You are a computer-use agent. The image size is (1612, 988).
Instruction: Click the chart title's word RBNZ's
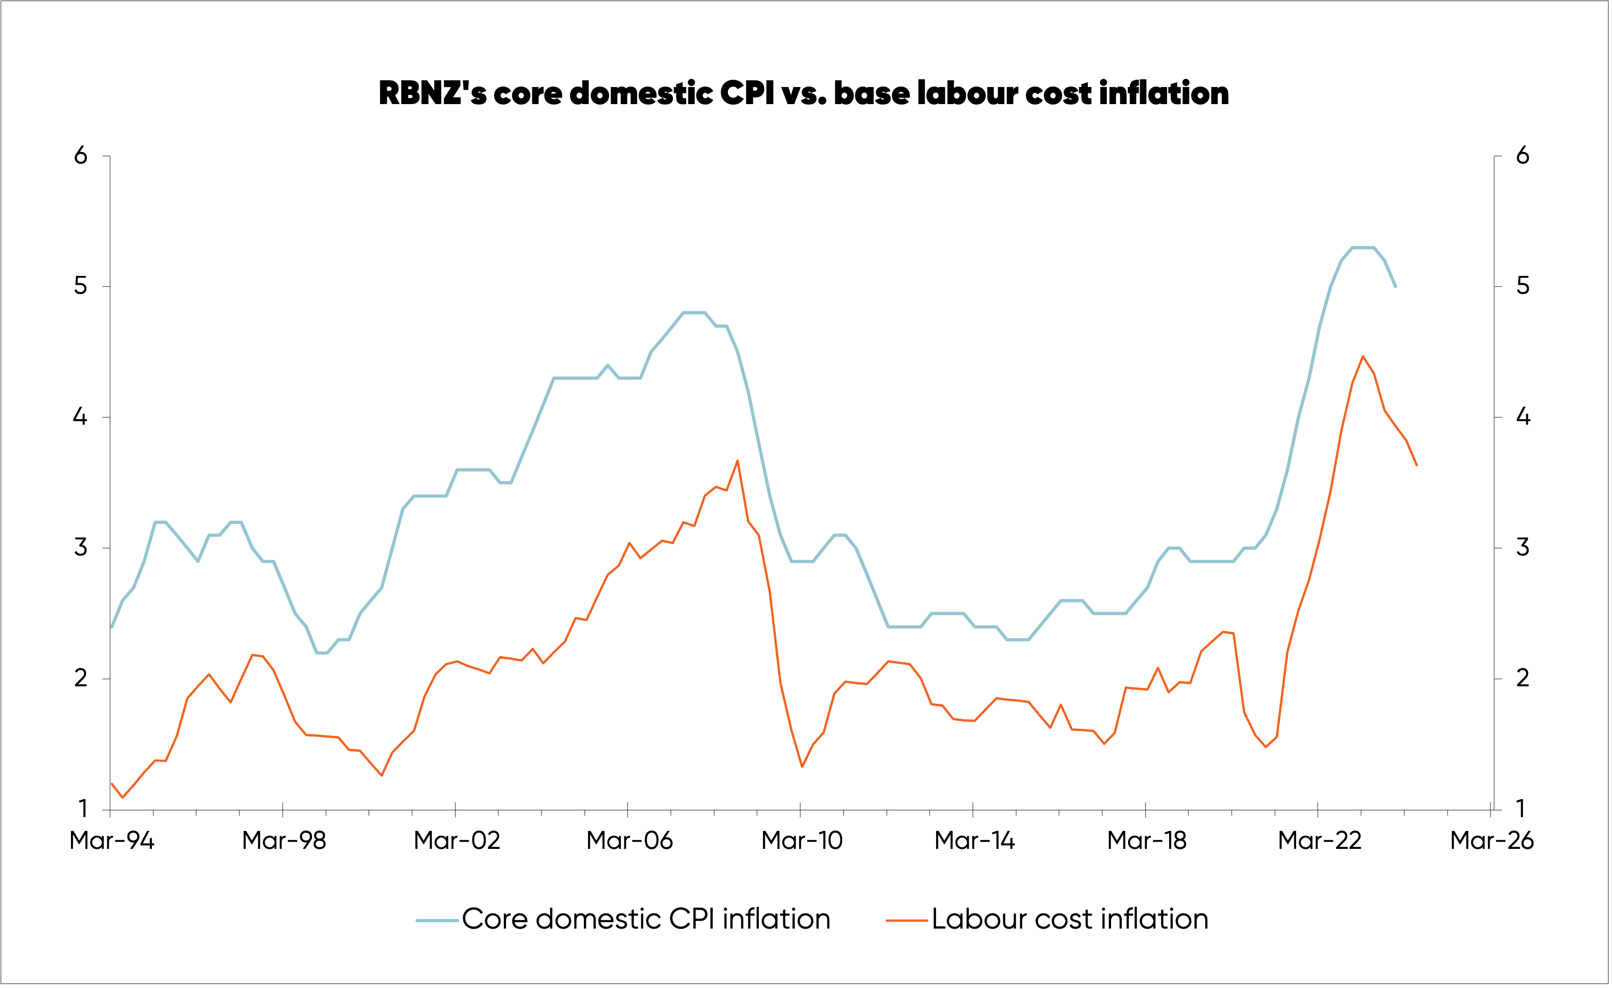[432, 94]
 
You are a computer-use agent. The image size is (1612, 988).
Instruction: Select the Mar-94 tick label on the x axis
[112, 841]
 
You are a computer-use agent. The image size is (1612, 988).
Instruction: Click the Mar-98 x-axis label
[284, 841]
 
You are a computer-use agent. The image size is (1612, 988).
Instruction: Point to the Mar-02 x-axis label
[457, 841]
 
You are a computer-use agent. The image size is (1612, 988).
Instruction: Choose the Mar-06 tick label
[629, 841]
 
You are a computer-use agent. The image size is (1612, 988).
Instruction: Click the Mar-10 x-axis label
[802, 841]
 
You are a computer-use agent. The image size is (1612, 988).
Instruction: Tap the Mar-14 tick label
[974, 841]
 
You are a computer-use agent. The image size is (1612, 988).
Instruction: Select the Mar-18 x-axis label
[1147, 841]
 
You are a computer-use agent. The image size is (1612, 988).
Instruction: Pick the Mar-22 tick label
[1320, 841]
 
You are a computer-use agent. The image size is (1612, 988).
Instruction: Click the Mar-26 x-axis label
[1492, 841]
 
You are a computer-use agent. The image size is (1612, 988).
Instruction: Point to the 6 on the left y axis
[81, 156]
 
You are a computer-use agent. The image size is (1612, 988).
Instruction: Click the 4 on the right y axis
[1523, 417]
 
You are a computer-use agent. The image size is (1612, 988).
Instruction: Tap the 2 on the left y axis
[81, 678]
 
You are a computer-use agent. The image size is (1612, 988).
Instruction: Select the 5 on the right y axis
[1523, 286]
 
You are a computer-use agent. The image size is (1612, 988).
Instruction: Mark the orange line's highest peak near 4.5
[1363, 357]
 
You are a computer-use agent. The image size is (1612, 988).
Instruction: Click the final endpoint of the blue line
[1396, 286]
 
